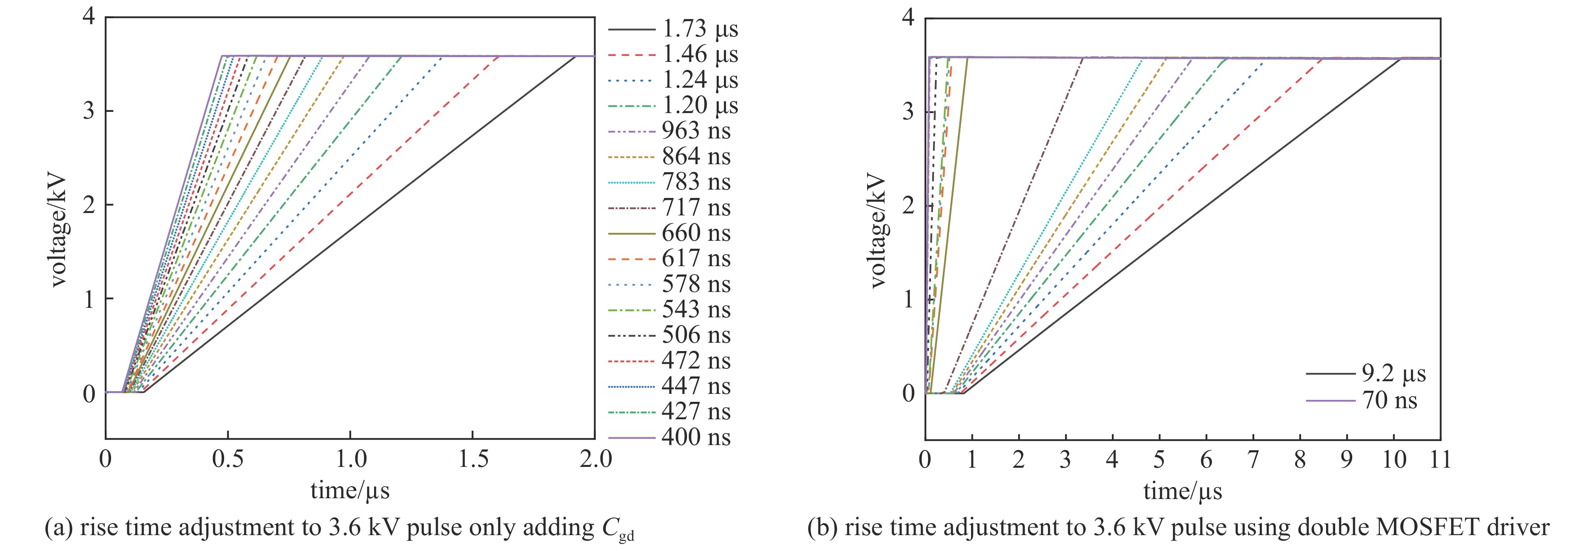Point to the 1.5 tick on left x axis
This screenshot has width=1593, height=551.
click(473, 459)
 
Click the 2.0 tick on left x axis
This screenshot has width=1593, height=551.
click(595, 459)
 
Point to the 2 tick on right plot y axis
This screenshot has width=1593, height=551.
click(908, 205)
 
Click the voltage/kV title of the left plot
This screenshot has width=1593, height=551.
click(58, 232)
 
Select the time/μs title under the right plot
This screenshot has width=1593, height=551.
click(1182, 491)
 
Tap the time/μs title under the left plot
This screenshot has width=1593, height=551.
click(350, 491)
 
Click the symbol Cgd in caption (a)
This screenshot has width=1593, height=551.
click(618, 529)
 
